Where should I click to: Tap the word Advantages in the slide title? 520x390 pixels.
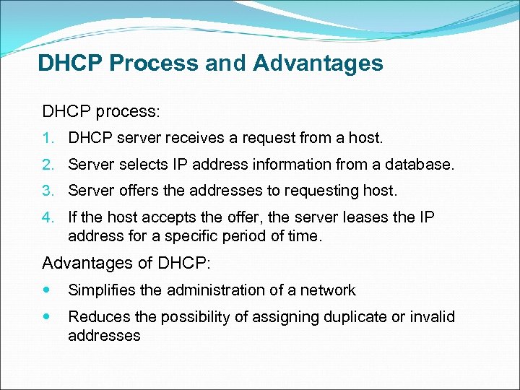pyautogui.click(x=318, y=64)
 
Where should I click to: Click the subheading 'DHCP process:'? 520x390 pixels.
pyautogui.click(x=100, y=112)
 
